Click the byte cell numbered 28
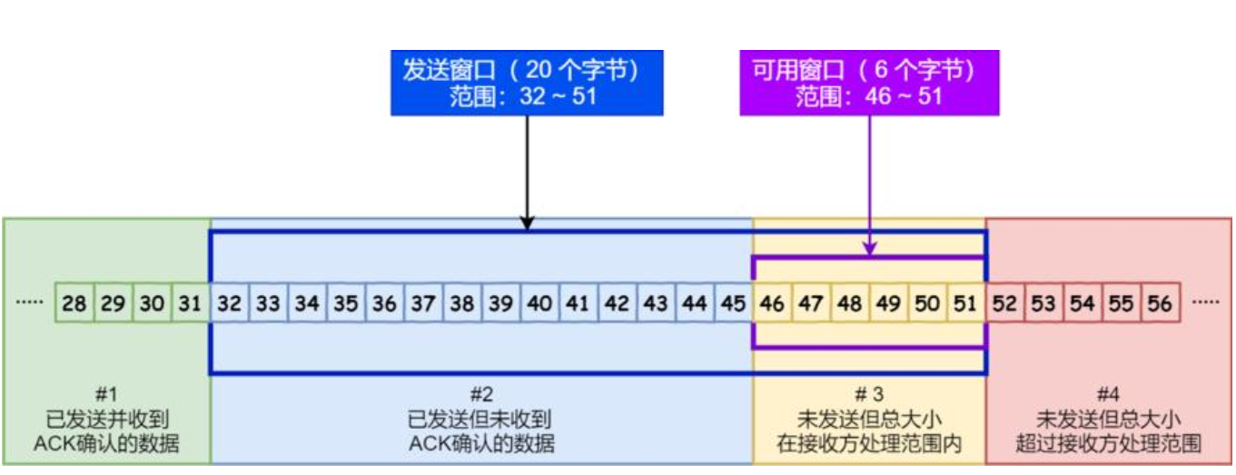pos(74,303)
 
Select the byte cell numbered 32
pos(230,303)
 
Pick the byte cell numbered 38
pos(462,303)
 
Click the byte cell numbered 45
pos(734,303)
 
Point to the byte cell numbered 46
pos(773,303)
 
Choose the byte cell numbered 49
pos(888,303)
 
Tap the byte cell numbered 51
pos(965,303)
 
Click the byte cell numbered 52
pos(1004,303)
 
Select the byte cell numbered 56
pos(1160,303)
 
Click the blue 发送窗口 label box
pos(527,83)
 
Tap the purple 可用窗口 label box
pos(869,83)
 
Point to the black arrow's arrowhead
pos(527,223)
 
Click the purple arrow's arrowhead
pos(870,248)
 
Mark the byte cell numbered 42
pos(618,303)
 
